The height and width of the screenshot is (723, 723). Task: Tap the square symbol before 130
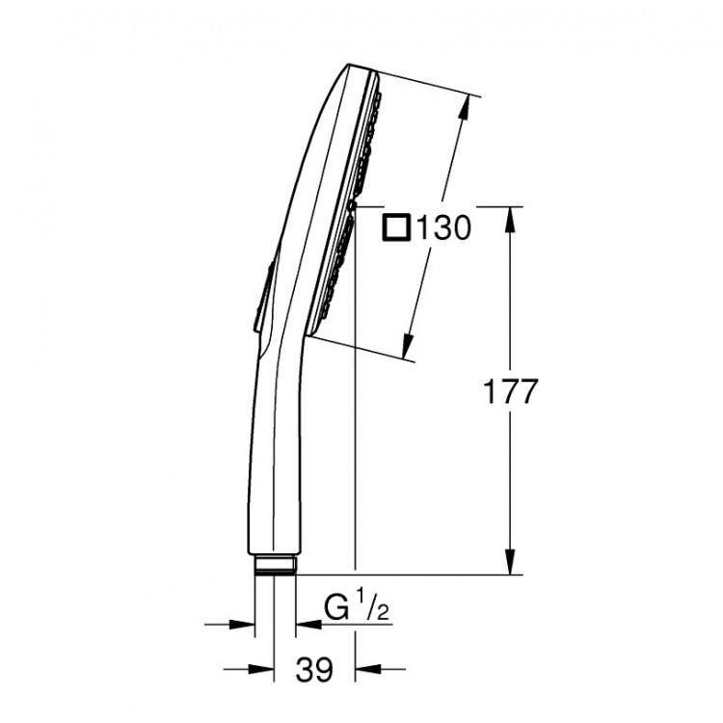click(x=397, y=228)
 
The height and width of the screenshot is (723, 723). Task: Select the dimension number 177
click(x=509, y=391)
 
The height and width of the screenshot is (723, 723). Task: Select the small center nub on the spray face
click(x=354, y=205)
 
